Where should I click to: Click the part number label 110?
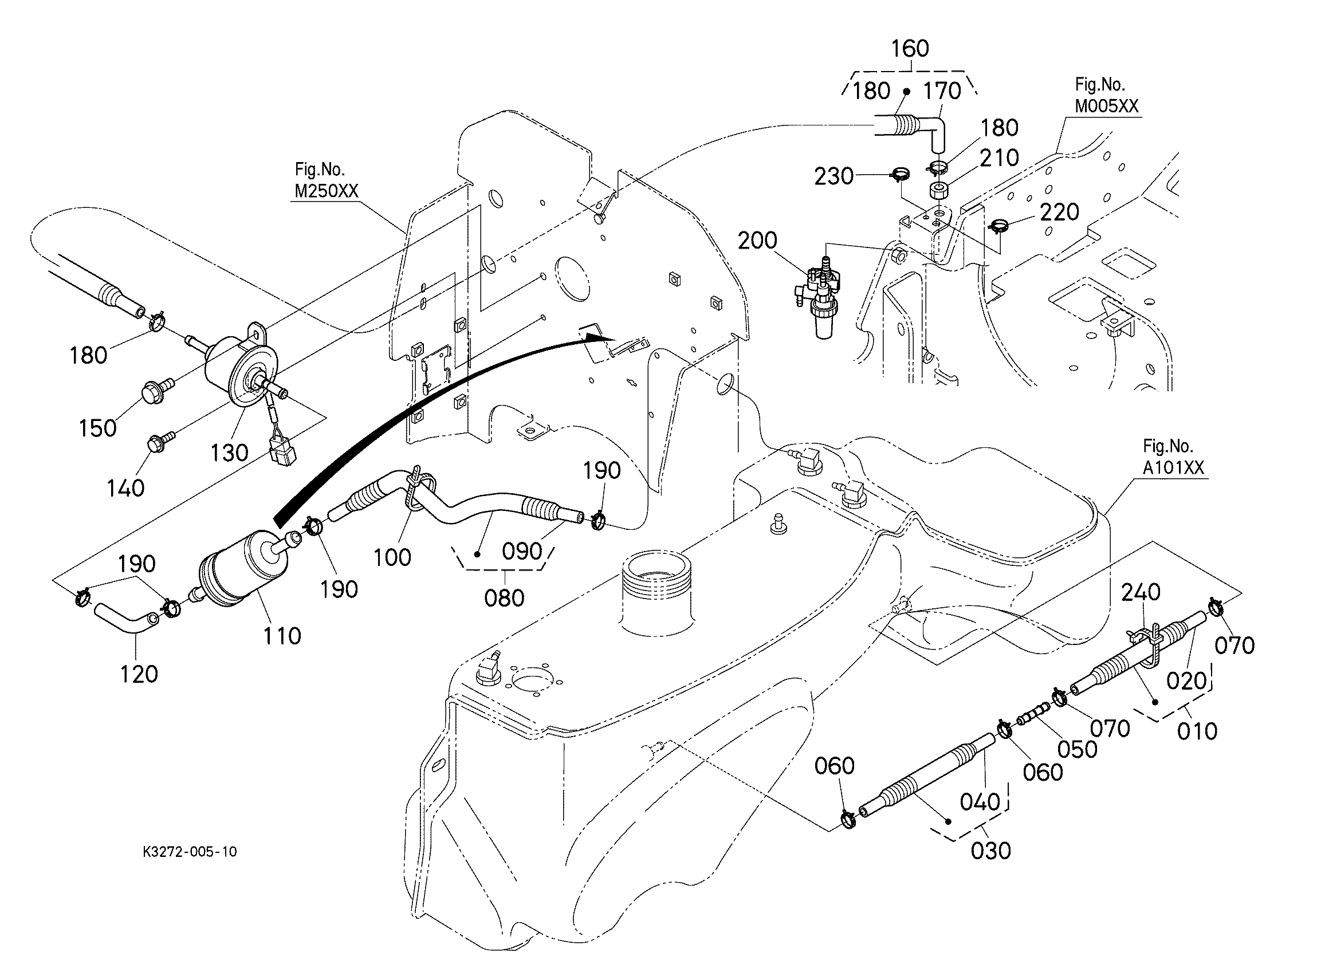(282, 636)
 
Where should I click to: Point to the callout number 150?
(97, 428)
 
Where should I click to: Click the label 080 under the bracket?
(504, 597)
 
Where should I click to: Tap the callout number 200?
(757, 240)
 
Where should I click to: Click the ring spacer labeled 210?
(939, 191)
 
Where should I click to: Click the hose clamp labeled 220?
(999, 225)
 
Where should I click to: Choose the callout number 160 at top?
(910, 48)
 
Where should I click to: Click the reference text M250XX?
(327, 191)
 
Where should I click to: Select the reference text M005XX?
(1106, 106)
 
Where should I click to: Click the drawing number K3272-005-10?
(189, 851)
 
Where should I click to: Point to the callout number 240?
(1141, 592)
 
